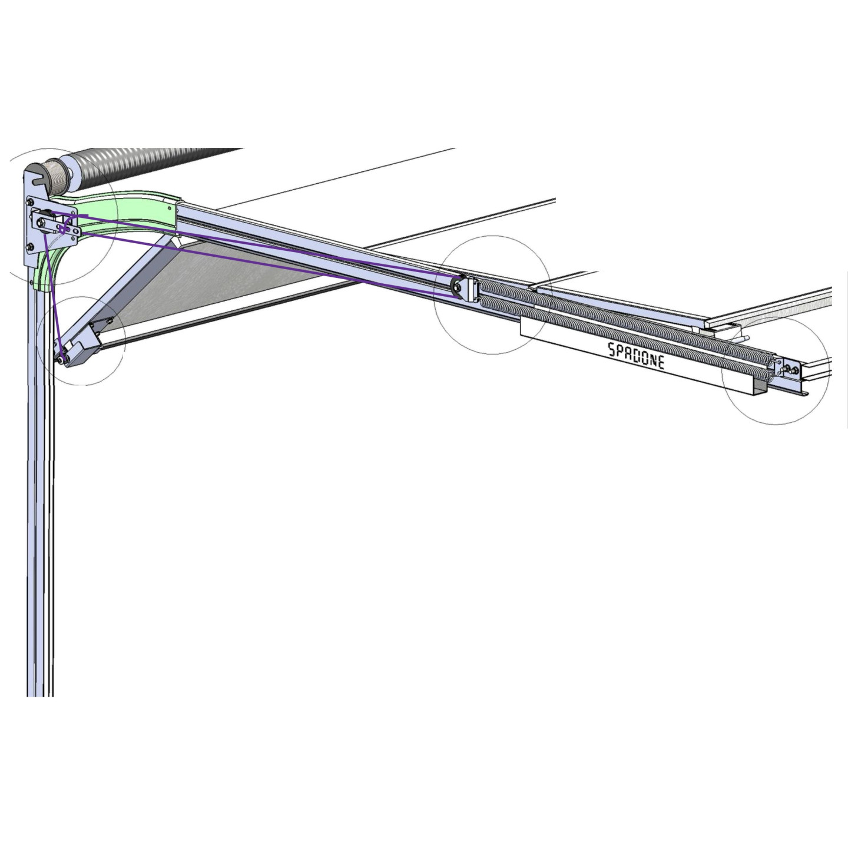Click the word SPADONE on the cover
coord(636,355)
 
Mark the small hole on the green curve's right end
coord(170,208)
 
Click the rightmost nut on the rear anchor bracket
coord(795,370)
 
